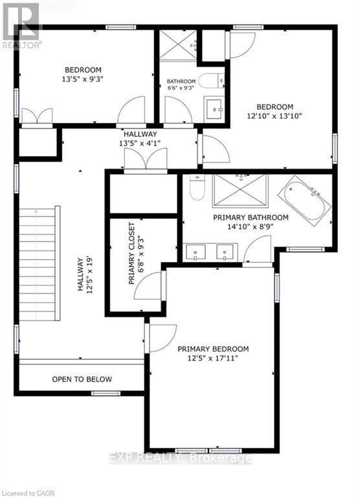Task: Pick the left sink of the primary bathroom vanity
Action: (x=195, y=251)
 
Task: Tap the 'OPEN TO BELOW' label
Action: (x=82, y=379)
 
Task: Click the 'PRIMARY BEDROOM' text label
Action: (x=213, y=349)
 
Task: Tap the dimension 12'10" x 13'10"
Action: (x=275, y=116)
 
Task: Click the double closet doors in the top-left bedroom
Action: (x=36, y=117)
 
